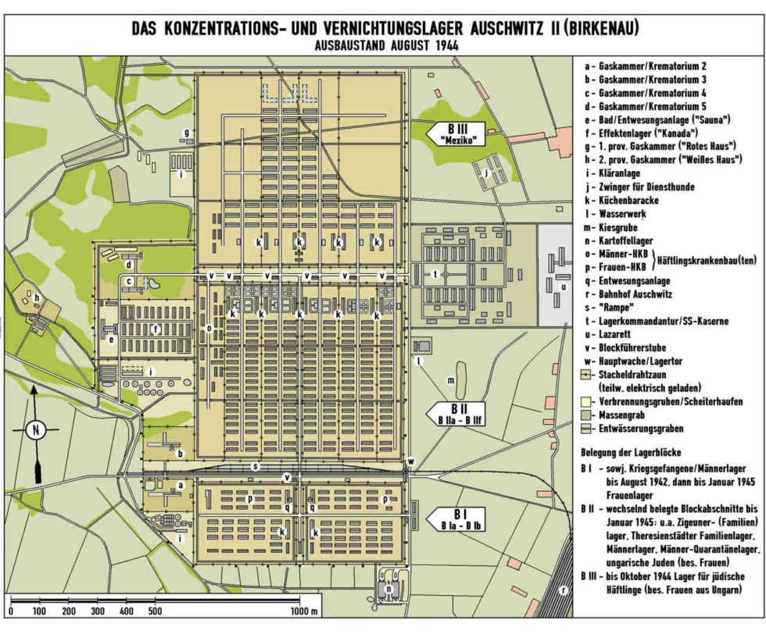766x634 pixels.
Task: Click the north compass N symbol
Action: (34, 429)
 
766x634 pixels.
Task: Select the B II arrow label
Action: (457, 413)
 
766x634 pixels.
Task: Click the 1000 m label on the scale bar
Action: (306, 611)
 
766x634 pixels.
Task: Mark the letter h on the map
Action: (35, 297)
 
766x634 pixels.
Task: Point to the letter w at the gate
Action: (410, 461)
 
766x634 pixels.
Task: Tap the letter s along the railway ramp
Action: (254, 466)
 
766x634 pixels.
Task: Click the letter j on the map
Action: (485, 172)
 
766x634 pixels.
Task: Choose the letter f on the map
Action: (157, 329)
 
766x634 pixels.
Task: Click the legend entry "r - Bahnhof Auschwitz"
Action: (631, 295)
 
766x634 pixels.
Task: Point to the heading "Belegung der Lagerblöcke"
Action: (632, 452)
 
